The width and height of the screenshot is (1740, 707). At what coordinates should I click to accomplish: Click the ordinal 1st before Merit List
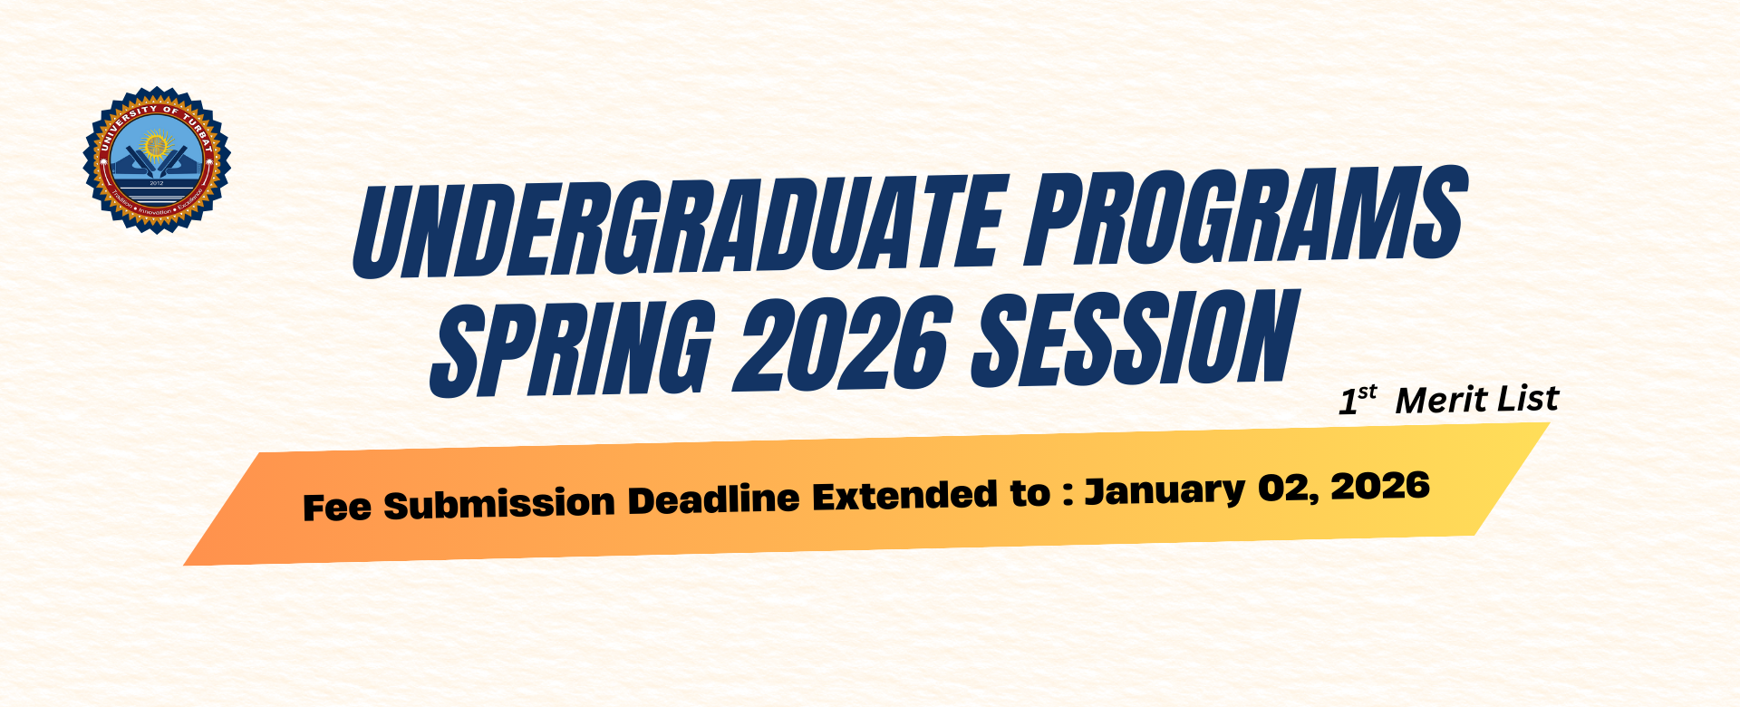[x=1358, y=400]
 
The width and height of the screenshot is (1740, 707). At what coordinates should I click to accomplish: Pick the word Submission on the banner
[x=499, y=503]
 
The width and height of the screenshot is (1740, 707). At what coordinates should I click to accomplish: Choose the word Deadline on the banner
[x=714, y=499]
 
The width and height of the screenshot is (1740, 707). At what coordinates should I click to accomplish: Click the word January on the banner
[x=1165, y=490]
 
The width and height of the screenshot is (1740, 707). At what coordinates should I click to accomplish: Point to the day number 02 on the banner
[x=1283, y=488]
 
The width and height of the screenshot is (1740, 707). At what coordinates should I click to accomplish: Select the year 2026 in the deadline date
[x=1380, y=485]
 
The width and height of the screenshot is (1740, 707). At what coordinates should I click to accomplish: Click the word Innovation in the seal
[x=157, y=210]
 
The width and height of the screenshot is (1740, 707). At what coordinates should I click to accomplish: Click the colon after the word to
[x=1068, y=495]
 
